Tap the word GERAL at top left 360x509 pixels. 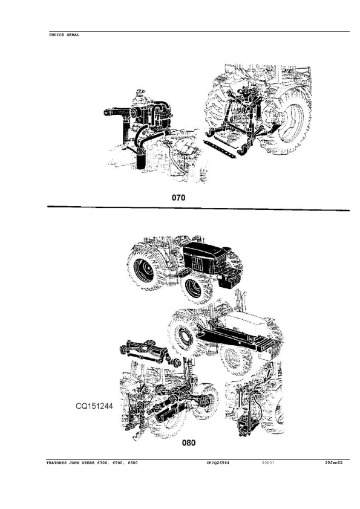73,34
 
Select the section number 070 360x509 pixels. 178,197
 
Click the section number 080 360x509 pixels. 188,443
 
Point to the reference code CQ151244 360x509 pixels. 94,406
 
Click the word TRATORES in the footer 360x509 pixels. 56,463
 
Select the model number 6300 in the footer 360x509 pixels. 103,463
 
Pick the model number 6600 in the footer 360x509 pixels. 133,463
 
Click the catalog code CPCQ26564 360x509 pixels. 218,463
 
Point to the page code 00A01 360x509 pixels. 267,463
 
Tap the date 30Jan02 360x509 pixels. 334,462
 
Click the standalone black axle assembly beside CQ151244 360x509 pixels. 146,352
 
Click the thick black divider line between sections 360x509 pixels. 198,208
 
